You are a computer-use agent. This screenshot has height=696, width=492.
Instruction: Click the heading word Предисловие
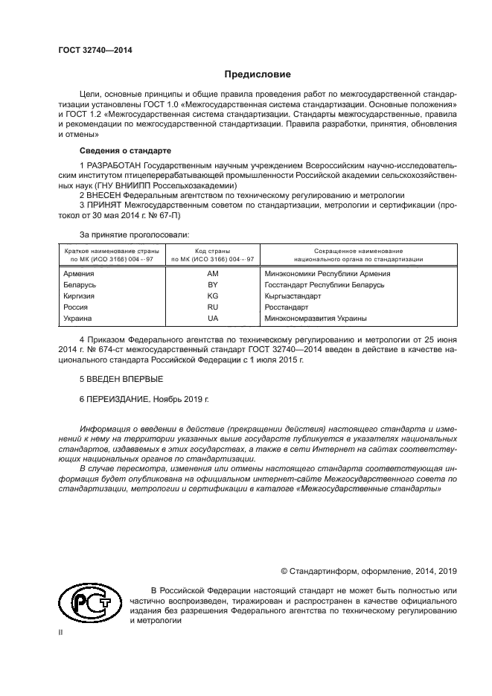[258, 74]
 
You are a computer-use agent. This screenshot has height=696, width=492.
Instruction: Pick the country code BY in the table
[212, 285]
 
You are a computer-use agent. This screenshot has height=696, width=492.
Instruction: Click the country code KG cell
[212, 296]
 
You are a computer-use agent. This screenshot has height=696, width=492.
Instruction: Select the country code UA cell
[212, 319]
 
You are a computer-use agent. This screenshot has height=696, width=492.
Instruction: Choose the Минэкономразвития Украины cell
[305, 319]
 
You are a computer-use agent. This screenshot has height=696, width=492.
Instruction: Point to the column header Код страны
[212, 252]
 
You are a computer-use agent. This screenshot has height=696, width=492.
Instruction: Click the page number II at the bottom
[61, 630]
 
